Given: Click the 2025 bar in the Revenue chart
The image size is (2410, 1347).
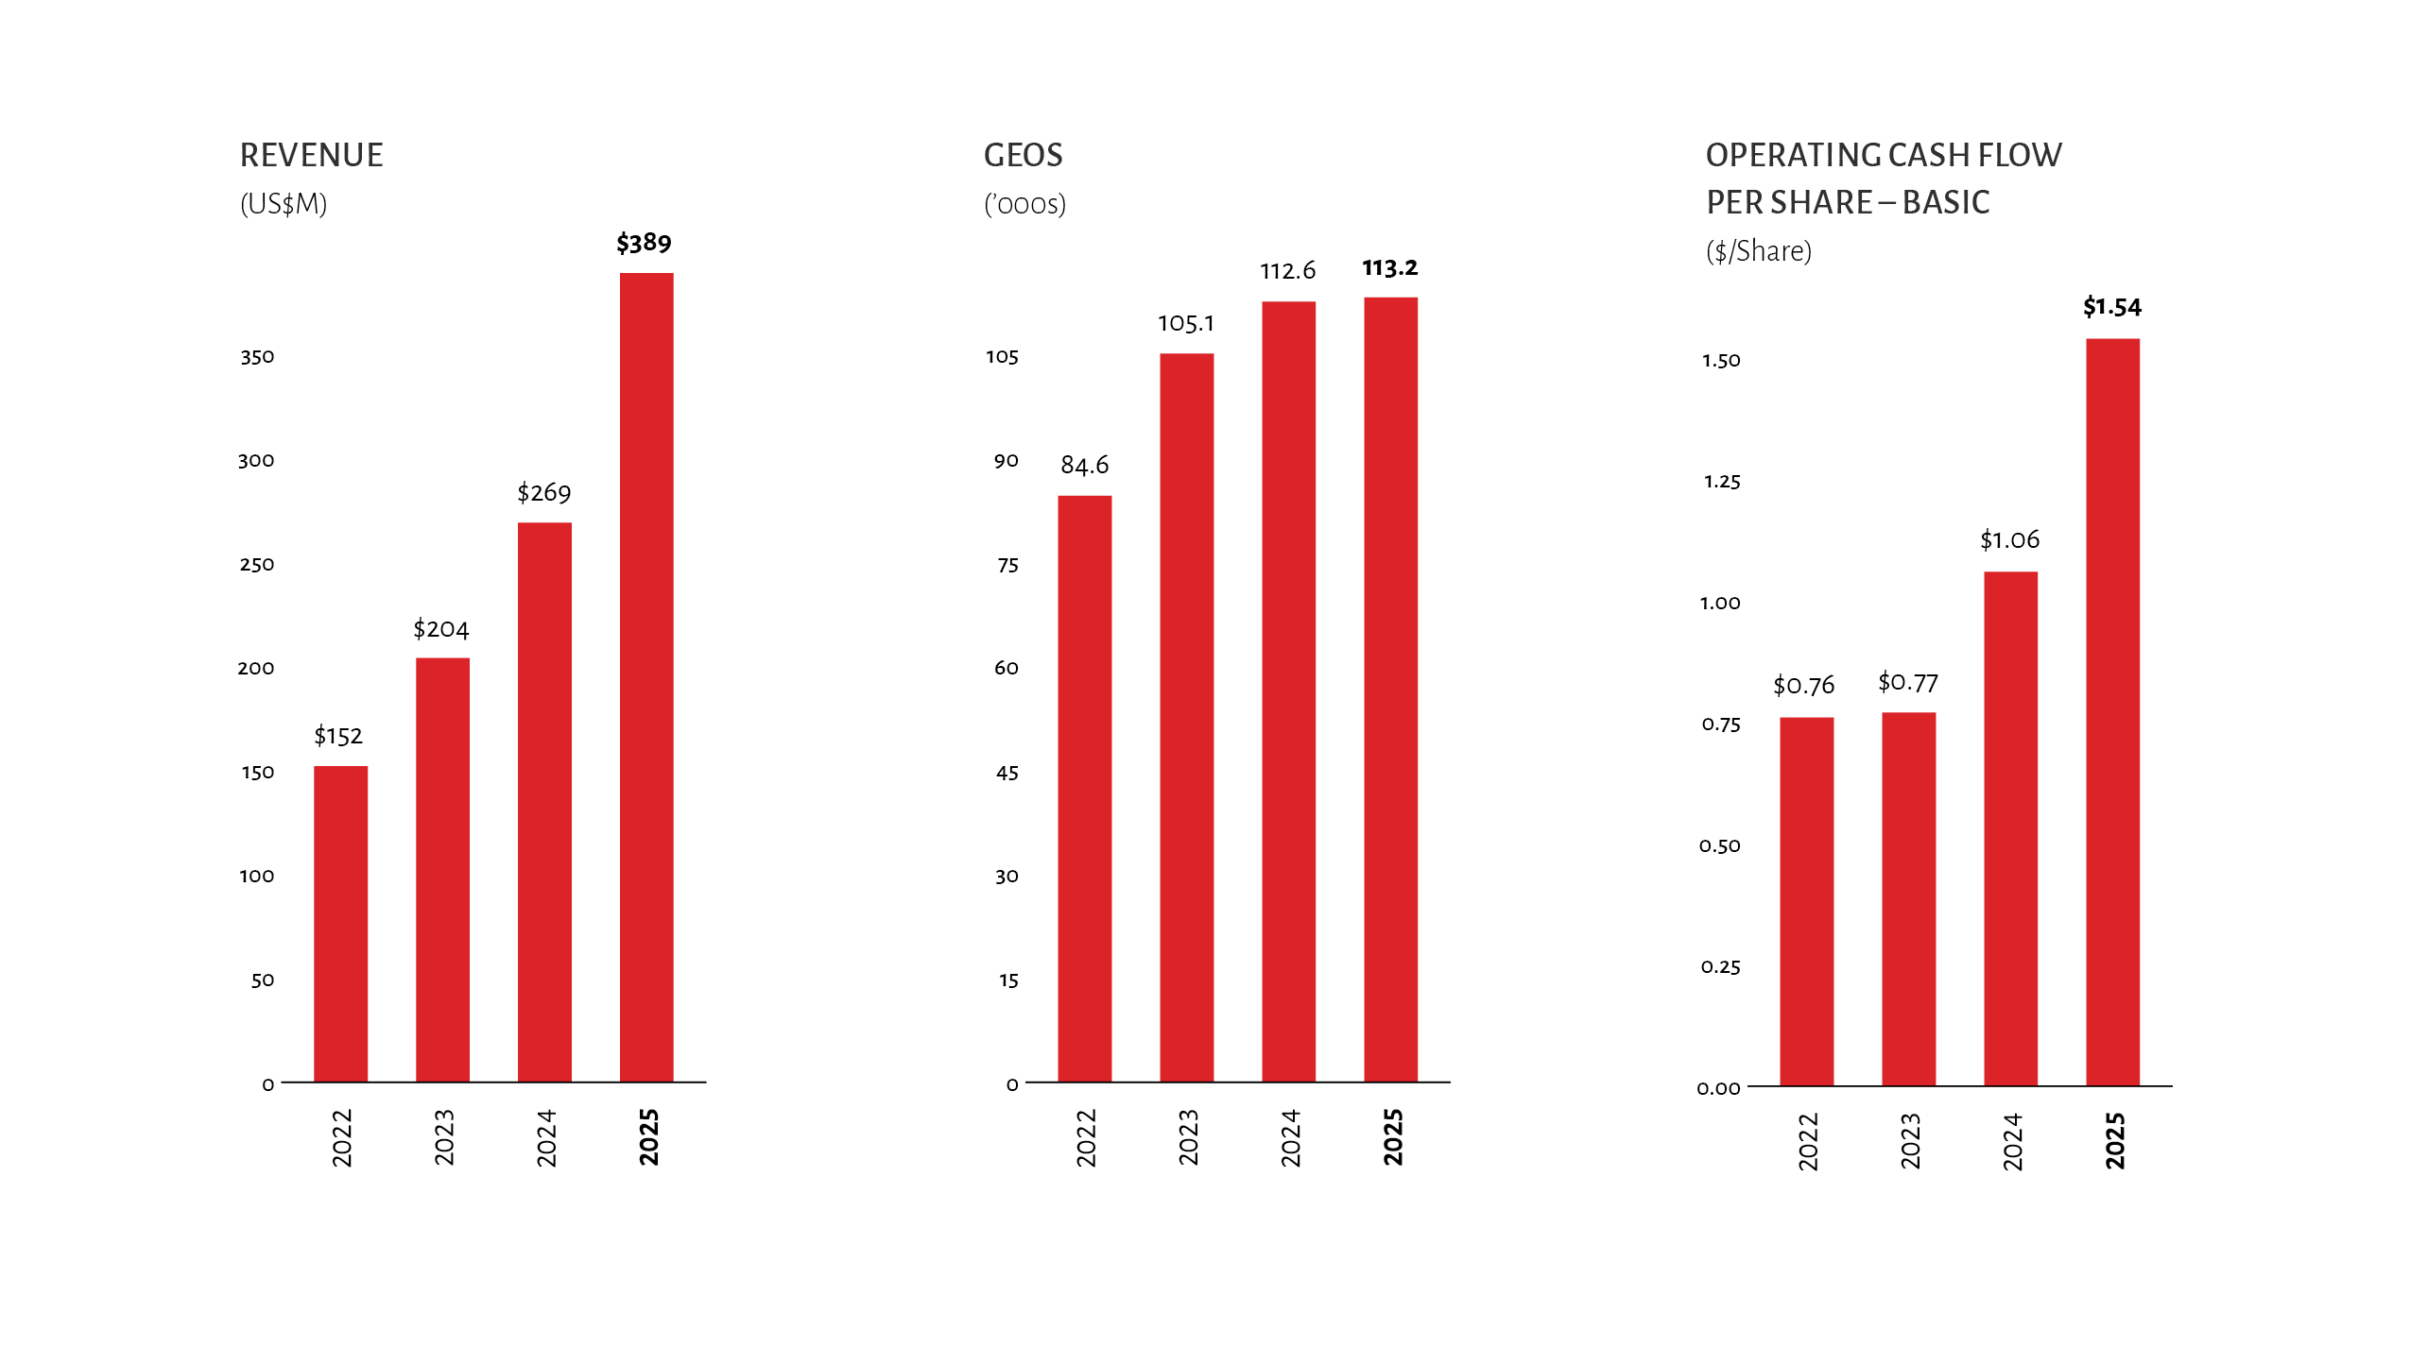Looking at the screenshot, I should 646,676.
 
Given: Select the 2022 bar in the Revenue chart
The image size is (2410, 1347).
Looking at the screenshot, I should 340,923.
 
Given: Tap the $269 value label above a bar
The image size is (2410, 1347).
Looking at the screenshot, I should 544,493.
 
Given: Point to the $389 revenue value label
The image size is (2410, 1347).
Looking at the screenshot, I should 644,244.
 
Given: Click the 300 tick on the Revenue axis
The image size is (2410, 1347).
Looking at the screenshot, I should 256,461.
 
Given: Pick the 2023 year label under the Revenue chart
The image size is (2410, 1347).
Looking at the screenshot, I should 444,1137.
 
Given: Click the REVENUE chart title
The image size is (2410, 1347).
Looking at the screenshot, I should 312,156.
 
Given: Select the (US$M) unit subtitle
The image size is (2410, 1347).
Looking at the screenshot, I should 284,204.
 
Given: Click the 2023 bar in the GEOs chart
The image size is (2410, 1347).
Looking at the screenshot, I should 1186,717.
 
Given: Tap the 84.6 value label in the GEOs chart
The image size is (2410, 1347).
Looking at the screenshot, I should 1084,466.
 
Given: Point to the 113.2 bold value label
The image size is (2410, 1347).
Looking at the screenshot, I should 1389,268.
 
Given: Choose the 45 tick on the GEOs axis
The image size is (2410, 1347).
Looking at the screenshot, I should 1007,774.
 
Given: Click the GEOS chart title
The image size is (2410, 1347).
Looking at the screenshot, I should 1024,156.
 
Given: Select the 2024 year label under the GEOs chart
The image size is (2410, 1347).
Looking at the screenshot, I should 1291,1137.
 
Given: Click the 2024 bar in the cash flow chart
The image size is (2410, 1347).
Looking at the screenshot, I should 2010,828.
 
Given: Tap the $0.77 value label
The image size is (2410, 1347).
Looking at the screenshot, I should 1907,683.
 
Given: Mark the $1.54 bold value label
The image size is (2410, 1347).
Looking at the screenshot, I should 2112,307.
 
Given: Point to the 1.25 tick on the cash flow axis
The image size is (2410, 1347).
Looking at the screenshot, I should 1722,482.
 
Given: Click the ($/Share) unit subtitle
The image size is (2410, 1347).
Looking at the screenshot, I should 1759,251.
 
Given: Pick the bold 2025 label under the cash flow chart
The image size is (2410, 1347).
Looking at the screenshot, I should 2115,1141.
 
